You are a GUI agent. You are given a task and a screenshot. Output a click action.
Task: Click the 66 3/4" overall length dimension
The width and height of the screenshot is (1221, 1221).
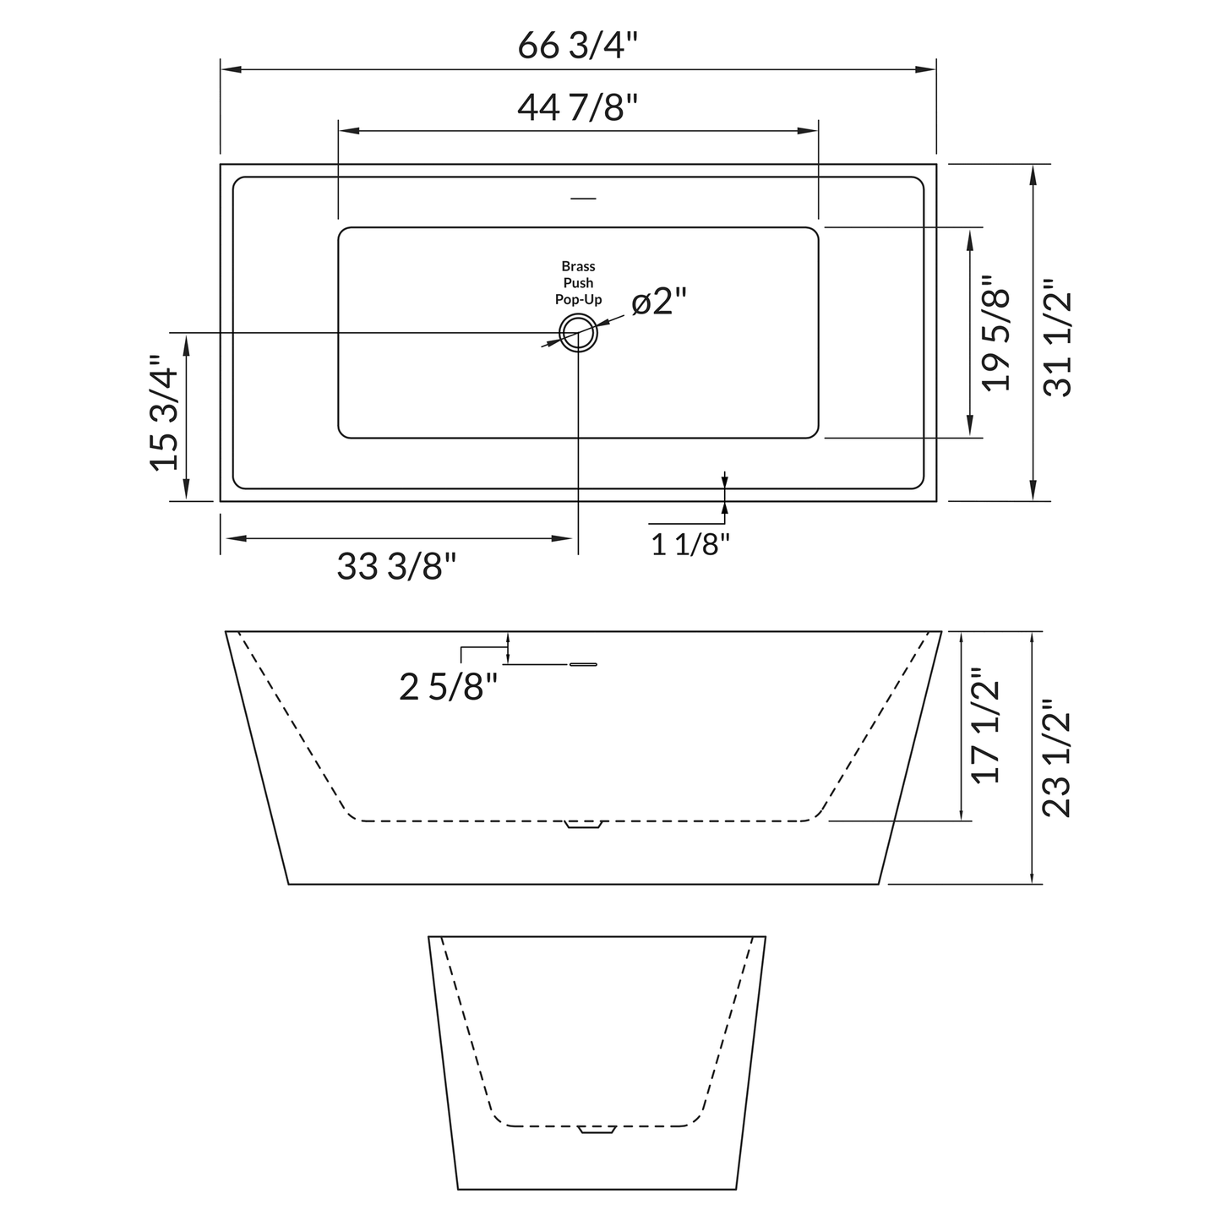[x=577, y=46]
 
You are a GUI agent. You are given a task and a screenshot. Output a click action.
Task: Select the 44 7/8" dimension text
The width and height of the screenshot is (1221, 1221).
[x=577, y=107]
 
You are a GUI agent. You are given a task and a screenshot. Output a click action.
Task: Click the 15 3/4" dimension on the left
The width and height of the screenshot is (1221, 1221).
[x=164, y=412]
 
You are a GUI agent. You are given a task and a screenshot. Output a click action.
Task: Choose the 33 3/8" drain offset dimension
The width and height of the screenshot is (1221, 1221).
[x=396, y=567]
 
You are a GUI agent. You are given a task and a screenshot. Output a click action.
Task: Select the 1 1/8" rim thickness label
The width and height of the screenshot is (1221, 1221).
[x=690, y=544]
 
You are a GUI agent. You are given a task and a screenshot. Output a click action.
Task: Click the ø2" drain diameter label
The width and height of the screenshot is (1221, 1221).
[x=659, y=302]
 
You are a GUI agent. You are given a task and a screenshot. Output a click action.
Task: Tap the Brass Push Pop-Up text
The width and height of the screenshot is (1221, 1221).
[x=578, y=283]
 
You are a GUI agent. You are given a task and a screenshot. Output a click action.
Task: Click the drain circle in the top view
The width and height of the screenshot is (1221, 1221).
[x=578, y=333]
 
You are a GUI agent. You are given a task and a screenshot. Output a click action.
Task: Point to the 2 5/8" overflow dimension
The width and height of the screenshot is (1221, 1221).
[x=448, y=687]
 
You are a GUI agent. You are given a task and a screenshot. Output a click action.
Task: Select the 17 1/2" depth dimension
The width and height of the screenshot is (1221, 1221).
[x=986, y=726]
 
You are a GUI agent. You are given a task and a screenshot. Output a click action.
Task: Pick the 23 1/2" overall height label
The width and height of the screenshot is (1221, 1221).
[x=1057, y=758]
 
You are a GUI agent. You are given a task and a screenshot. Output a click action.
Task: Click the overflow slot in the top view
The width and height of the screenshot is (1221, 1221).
[x=583, y=199]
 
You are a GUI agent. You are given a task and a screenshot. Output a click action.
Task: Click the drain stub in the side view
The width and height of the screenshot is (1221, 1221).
[x=583, y=824]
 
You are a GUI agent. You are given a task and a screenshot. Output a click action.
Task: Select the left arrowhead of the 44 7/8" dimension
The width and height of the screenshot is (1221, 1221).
[x=347, y=131]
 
